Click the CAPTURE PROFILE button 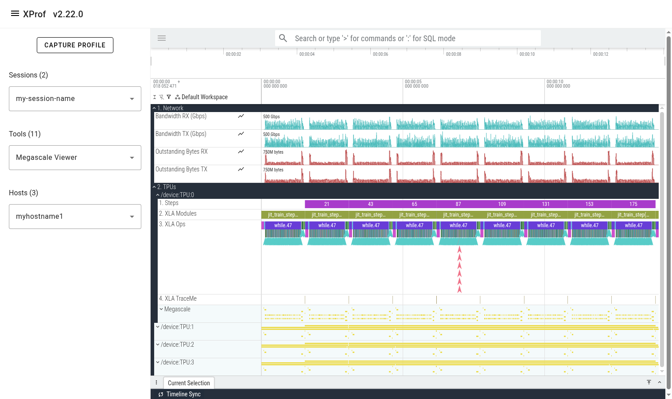point(75,45)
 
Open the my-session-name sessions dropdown point(75,99)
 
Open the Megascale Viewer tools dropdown point(75,158)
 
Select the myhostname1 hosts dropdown point(75,217)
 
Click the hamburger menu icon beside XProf point(15,14)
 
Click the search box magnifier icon point(283,39)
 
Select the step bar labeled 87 point(458,204)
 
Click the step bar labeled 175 point(633,204)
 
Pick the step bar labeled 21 point(326,204)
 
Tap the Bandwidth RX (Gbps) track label point(181,116)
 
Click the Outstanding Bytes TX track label point(181,170)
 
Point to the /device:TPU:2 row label point(177,345)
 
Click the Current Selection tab point(189,383)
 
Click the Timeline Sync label point(183,394)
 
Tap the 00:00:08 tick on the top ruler point(453,54)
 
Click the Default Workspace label point(204,97)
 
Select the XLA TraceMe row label point(178,299)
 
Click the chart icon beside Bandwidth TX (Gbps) point(241,134)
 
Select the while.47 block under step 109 point(502,225)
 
